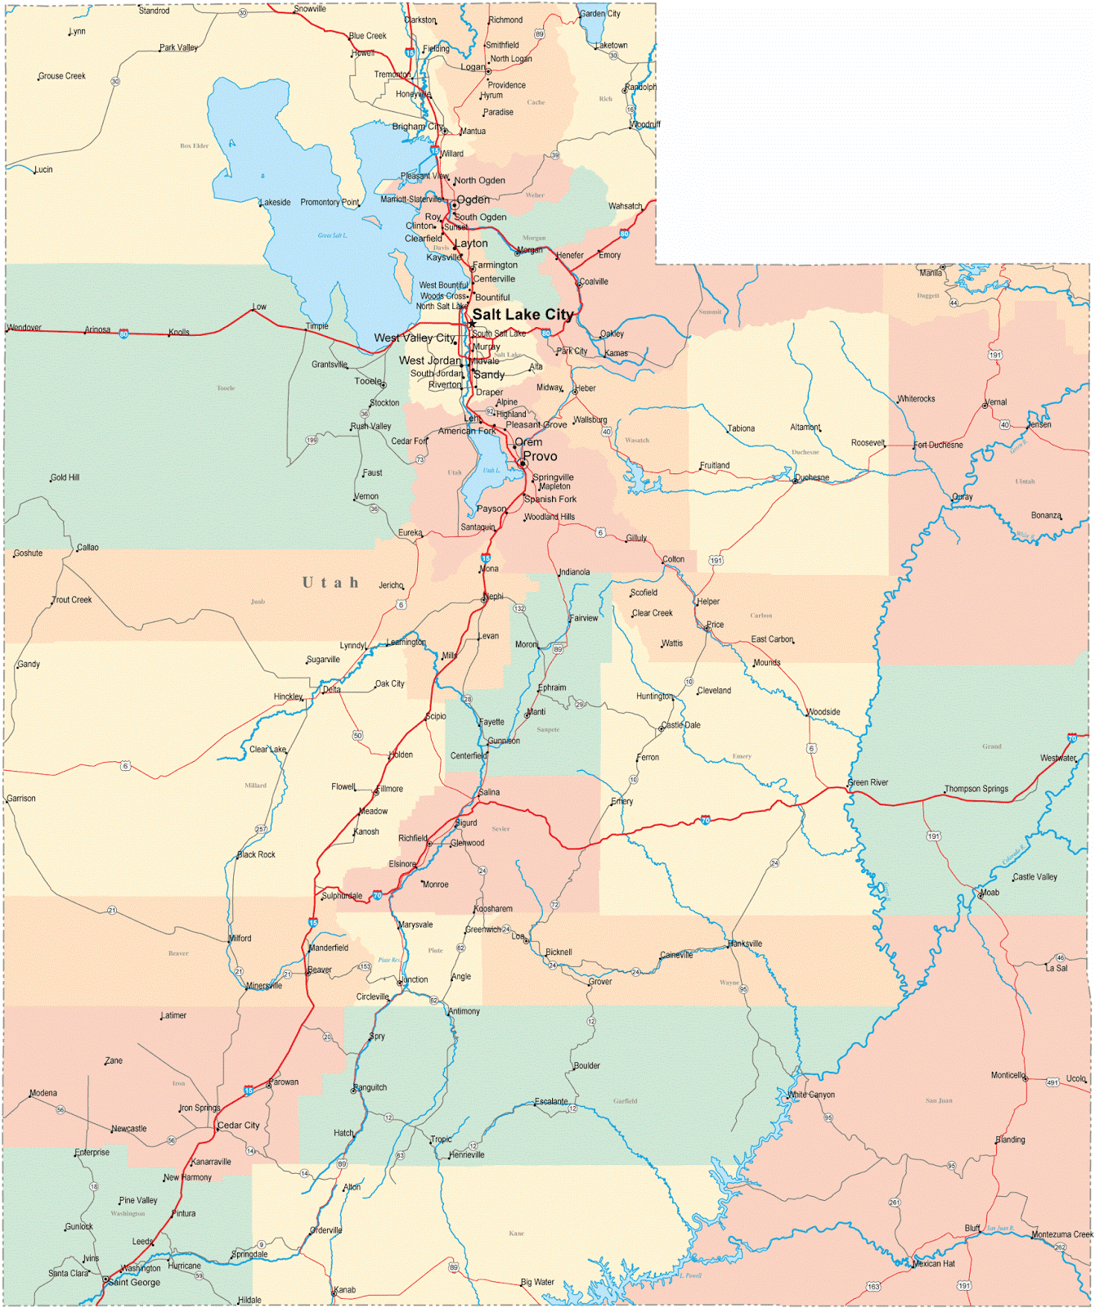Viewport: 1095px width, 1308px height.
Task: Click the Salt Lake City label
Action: (x=523, y=315)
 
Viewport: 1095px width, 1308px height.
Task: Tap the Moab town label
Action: (x=990, y=893)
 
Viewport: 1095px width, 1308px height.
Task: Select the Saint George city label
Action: (x=135, y=1282)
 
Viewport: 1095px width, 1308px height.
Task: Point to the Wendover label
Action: (x=25, y=328)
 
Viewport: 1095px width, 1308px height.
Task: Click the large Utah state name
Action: (x=330, y=583)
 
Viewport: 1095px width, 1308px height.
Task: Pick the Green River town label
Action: (x=868, y=782)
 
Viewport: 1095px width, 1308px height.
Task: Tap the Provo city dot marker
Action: (x=523, y=464)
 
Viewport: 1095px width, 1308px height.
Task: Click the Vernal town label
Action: (x=996, y=402)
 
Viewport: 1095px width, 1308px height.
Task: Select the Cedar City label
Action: (x=238, y=1126)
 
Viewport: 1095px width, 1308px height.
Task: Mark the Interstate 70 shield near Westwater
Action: (x=1072, y=738)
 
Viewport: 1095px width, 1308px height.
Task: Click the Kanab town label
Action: (x=345, y=1290)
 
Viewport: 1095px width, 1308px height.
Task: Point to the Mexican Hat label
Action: (x=933, y=1264)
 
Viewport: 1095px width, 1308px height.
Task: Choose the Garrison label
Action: (x=21, y=799)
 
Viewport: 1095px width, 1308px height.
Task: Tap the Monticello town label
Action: (x=1007, y=1075)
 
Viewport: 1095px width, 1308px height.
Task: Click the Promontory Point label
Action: (x=330, y=202)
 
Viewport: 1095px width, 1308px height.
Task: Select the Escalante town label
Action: (x=551, y=1101)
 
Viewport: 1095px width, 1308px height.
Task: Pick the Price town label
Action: (x=716, y=625)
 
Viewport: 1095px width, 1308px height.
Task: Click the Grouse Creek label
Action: (x=62, y=76)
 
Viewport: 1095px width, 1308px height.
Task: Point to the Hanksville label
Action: (x=745, y=943)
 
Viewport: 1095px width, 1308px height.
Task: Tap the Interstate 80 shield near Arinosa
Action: (x=123, y=334)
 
